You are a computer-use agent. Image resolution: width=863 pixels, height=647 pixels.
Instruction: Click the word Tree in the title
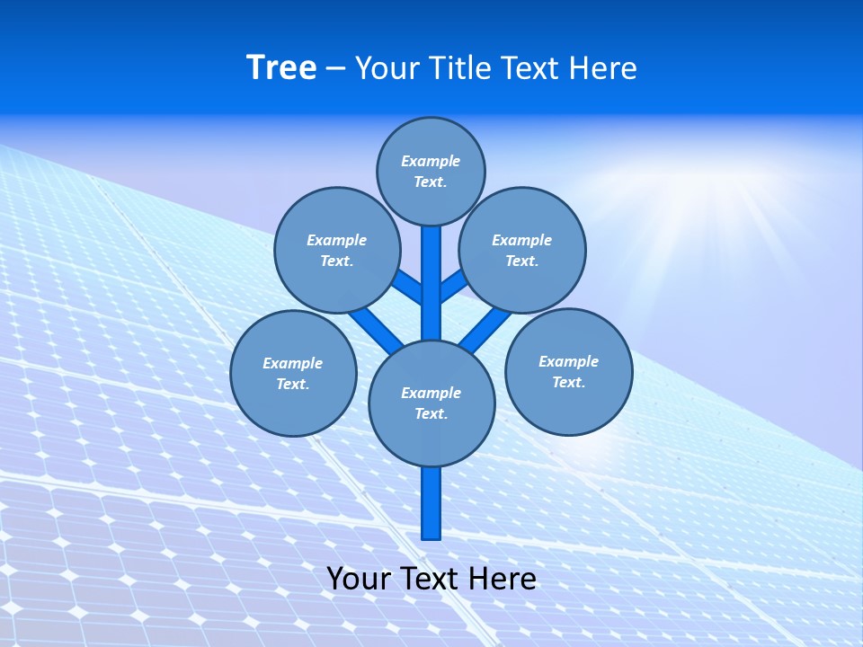point(281,68)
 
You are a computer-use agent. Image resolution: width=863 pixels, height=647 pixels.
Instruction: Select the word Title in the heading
point(458,68)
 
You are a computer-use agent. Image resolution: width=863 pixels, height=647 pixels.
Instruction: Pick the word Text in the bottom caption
point(430,579)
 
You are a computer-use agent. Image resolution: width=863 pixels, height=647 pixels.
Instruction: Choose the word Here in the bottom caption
point(503,579)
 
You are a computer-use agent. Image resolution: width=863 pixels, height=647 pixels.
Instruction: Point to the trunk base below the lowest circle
point(431,503)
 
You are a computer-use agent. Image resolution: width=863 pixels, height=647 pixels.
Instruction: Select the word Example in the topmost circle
point(431,162)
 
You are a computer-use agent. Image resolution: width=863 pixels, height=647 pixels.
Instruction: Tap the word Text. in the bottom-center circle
point(431,414)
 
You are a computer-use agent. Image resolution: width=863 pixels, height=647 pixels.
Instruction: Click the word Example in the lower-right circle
point(568,361)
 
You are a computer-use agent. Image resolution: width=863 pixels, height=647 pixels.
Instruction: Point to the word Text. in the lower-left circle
point(292,385)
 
